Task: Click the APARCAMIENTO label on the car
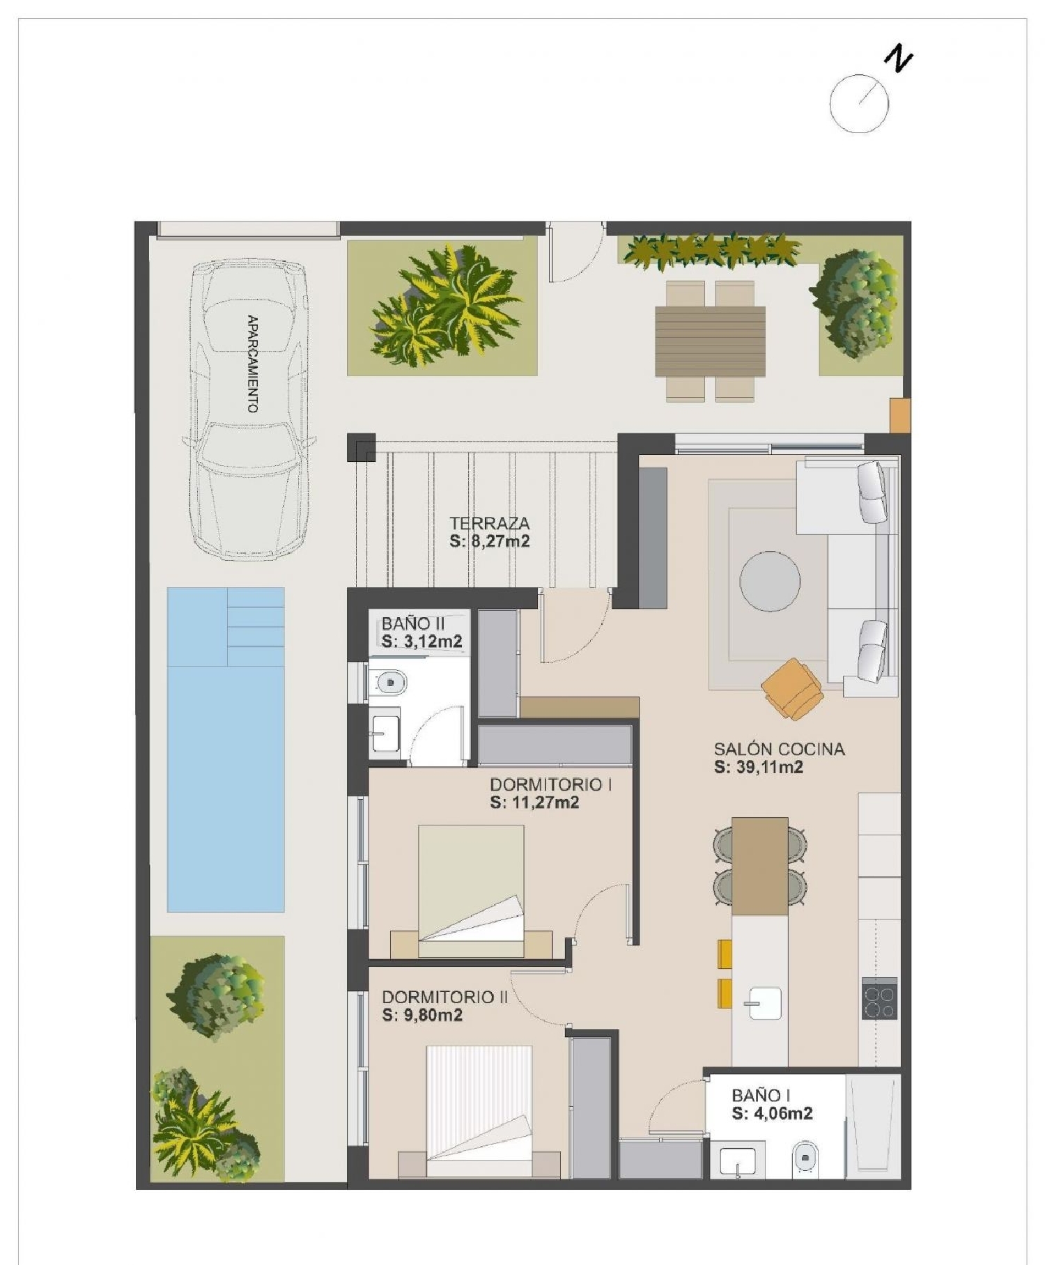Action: click(x=252, y=364)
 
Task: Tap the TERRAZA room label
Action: click(x=489, y=523)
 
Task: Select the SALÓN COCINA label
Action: click(x=779, y=750)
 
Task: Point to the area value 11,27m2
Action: click(x=534, y=802)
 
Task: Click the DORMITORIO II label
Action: click(x=444, y=997)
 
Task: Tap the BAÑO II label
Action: click(x=412, y=623)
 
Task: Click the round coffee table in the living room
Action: click(x=770, y=581)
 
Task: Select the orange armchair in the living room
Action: click(x=792, y=687)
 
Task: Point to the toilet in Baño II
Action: click(x=389, y=681)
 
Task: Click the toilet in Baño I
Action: click(x=805, y=1158)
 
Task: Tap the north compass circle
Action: click(x=859, y=104)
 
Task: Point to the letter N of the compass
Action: click(x=899, y=58)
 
